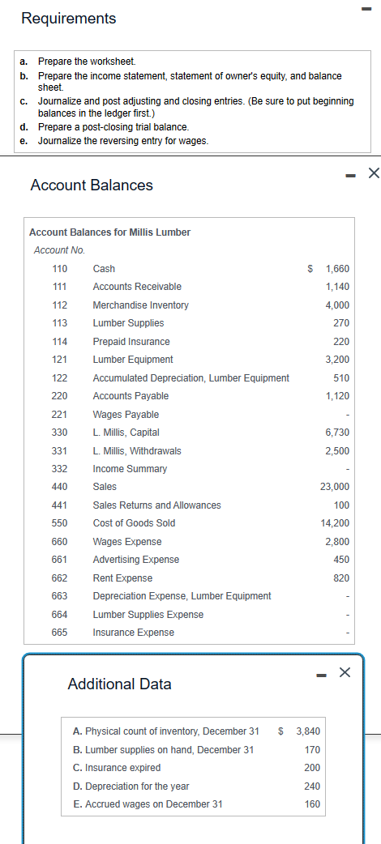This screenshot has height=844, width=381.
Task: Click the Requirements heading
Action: point(68,18)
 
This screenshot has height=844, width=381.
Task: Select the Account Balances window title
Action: point(91,185)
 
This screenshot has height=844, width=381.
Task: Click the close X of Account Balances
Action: point(373,172)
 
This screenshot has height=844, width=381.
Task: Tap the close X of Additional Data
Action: point(345,671)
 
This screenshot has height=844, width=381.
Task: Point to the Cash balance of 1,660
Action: point(336,268)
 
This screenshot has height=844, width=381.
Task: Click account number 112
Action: point(59,305)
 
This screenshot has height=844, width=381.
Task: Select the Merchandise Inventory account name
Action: point(140,305)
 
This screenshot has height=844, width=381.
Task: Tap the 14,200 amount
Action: point(335,523)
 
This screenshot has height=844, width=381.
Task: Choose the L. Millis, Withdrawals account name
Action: point(137,450)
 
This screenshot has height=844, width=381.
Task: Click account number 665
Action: point(59,633)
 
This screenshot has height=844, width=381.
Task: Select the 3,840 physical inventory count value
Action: point(308,731)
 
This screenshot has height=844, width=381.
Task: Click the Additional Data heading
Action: point(119,684)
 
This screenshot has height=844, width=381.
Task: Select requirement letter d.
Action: point(24,127)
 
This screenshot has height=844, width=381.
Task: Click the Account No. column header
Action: point(59,250)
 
